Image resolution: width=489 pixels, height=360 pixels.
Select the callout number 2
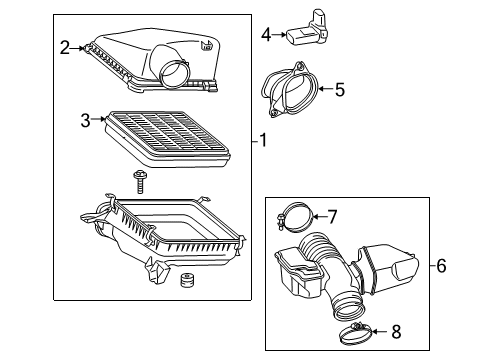pyautogui.click(x=65, y=47)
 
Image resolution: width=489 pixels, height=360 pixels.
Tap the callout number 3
pyautogui.click(x=85, y=121)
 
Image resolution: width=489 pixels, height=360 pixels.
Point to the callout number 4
pyautogui.click(x=266, y=35)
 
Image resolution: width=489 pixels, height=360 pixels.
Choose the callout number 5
pyautogui.click(x=339, y=90)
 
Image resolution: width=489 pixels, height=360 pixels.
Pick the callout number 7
pyautogui.click(x=333, y=214)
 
